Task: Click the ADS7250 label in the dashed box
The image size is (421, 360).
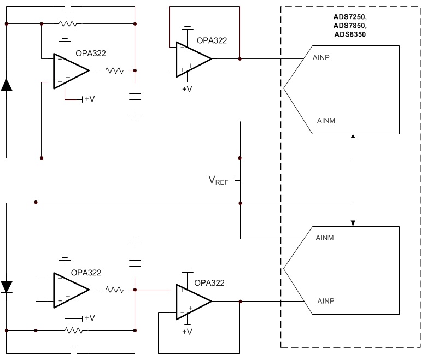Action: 350,17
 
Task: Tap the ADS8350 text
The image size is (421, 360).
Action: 350,34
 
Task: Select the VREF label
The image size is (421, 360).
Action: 218,181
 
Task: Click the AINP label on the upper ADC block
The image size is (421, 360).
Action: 321,56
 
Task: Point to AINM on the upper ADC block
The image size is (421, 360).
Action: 326,121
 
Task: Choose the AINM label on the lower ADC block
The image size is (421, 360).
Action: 325,238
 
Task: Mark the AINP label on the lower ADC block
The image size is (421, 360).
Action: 326,301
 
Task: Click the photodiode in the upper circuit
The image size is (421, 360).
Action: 7,85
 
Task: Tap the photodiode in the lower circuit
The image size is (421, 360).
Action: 7,286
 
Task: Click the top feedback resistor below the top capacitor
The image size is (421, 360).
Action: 68,24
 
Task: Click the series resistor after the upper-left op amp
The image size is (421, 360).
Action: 115,70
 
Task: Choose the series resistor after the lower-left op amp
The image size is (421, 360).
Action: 115,290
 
